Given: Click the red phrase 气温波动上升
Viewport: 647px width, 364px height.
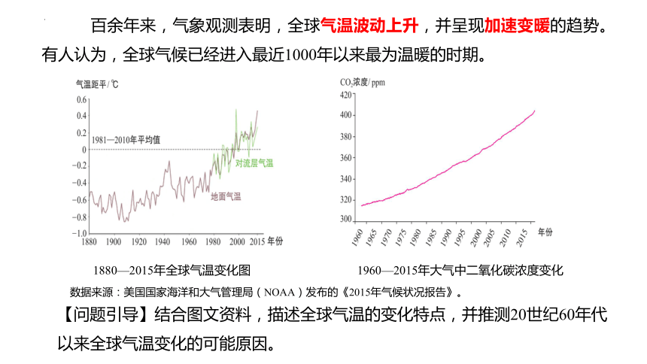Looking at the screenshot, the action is [x=369, y=26].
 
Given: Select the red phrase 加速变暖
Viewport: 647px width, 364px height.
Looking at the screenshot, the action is [x=517, y=26].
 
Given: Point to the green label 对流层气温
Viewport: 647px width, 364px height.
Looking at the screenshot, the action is [x=254, y=163].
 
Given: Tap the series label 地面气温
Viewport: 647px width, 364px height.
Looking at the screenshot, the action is [x=226, y=196].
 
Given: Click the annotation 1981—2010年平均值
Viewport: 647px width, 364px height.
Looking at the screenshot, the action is [x=126, y=140].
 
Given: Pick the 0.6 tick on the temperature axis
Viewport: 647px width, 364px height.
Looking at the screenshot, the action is [x=82, y=100].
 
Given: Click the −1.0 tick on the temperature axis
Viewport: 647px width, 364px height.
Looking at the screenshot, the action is [x=80, y=234].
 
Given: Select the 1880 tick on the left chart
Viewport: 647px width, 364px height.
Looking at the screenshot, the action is [x=89, y=242].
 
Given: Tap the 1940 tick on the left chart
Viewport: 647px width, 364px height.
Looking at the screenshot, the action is [x=163, y=242].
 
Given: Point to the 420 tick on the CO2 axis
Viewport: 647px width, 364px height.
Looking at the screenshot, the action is [x=346, y=95].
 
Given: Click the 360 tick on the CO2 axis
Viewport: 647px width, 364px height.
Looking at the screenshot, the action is [x=346, y=158].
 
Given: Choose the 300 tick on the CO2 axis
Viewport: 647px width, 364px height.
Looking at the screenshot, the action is [x=346, y=219].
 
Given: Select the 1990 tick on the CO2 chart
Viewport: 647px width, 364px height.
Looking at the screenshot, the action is [x=446, y=238].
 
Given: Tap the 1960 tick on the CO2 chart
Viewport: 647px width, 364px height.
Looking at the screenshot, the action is [x=357, y=238].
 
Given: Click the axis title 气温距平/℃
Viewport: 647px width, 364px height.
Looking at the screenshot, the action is [x=97, y=84].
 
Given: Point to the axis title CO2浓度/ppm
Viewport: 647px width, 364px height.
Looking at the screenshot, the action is [x=363, y=83].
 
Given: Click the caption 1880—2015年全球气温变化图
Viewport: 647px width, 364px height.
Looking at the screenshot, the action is [x=172, y=270].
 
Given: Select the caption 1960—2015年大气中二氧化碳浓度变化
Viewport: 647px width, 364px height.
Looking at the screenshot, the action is [x=460, y=270].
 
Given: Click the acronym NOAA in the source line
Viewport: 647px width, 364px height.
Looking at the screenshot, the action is [x=279, y=293].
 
